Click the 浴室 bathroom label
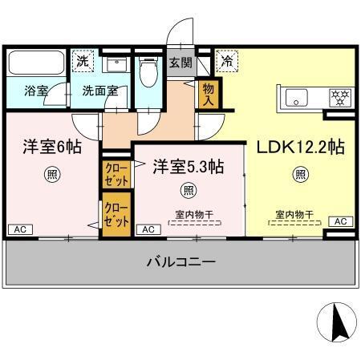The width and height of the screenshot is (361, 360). [35, 91]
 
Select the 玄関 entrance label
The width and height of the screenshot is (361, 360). [180, 63]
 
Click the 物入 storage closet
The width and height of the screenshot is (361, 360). [209, 94]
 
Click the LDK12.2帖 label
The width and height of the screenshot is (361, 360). [300, 148]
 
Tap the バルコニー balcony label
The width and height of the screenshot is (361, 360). [180, 262]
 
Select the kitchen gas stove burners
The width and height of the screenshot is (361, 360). [340, 99]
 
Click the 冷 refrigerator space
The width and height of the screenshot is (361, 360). [227, 61]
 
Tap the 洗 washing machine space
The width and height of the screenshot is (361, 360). [83, 61]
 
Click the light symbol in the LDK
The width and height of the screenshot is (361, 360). [299, 173]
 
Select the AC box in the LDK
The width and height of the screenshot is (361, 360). [339, 221]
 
